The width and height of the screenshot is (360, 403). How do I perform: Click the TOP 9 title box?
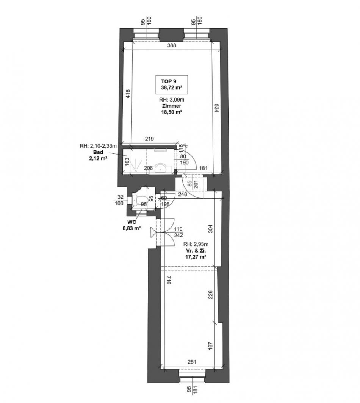[172, 84]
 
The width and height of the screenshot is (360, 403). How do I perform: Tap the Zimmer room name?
[172, 106]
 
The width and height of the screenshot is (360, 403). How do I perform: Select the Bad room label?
[98, 152]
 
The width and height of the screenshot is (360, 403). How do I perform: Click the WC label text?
[131, 222]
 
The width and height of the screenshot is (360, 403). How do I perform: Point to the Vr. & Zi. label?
[194, 251]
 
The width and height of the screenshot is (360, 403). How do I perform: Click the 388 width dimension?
[172, 45]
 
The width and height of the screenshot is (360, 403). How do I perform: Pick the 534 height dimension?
[216, 108]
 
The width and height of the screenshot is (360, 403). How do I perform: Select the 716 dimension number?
[168, 280]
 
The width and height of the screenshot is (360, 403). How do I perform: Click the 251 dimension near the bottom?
[192, 362]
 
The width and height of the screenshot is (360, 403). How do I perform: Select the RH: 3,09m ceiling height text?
[172, 100]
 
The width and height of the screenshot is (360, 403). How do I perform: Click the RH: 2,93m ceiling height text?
[196, 244]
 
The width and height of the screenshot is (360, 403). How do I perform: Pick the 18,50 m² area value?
[172, 112]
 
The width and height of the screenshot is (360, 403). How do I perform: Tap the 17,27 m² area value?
[196, 257]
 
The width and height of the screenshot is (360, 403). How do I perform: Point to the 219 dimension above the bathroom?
[149, 139]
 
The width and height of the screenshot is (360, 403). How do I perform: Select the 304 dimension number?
[210, 229]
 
